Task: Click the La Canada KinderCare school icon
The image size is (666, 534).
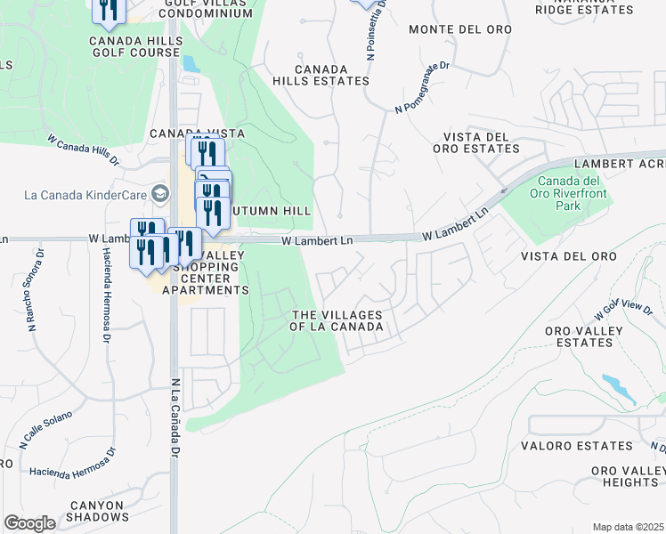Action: click(x=160, y=194)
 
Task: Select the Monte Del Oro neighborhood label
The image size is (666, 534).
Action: click(x=459, y=29)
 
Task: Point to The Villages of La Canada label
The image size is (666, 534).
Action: click(x=337, y=320)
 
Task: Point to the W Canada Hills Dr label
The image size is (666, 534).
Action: click(x=83, y=150)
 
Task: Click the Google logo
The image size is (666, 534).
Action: click(x=29, y=523)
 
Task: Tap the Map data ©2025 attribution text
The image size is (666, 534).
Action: click(x=628, y=527)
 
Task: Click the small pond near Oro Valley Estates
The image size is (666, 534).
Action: click(x=618, y=385)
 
